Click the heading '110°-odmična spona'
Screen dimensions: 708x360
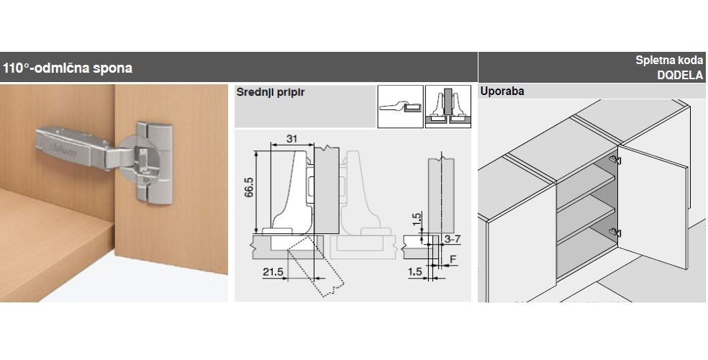click(68, 68)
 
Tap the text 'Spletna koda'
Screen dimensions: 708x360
click(669, 60)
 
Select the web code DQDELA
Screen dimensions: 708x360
click(680, 76)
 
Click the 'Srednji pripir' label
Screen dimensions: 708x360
click(271, 92)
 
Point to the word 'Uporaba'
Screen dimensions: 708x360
click(502, 91)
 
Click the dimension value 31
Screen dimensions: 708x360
click(291, 139)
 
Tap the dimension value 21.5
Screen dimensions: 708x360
click(272, 271)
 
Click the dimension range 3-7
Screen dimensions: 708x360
click(452, 239)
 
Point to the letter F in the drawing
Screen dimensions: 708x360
click(453, 259)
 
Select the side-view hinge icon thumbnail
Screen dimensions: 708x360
click(400, 107)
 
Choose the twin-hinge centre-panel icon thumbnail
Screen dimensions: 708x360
click(448, 107)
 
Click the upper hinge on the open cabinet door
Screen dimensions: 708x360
click(615, 160)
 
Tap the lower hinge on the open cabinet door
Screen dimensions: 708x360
click(615, 233)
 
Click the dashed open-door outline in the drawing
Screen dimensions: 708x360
click(315, 266)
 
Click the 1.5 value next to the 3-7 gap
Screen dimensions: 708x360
click(417, 219)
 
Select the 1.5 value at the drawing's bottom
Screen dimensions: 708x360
click(415, 272)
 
